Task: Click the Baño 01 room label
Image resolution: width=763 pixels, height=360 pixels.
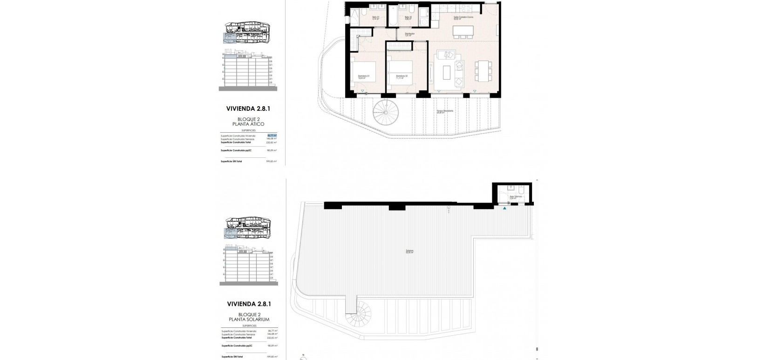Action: click(376, 18)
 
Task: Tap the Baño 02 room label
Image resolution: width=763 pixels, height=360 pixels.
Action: click(407, 18)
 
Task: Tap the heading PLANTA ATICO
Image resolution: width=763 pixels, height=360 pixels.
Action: click(248, 124)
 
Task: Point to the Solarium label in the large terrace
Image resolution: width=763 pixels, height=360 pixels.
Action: click(409, 252)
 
